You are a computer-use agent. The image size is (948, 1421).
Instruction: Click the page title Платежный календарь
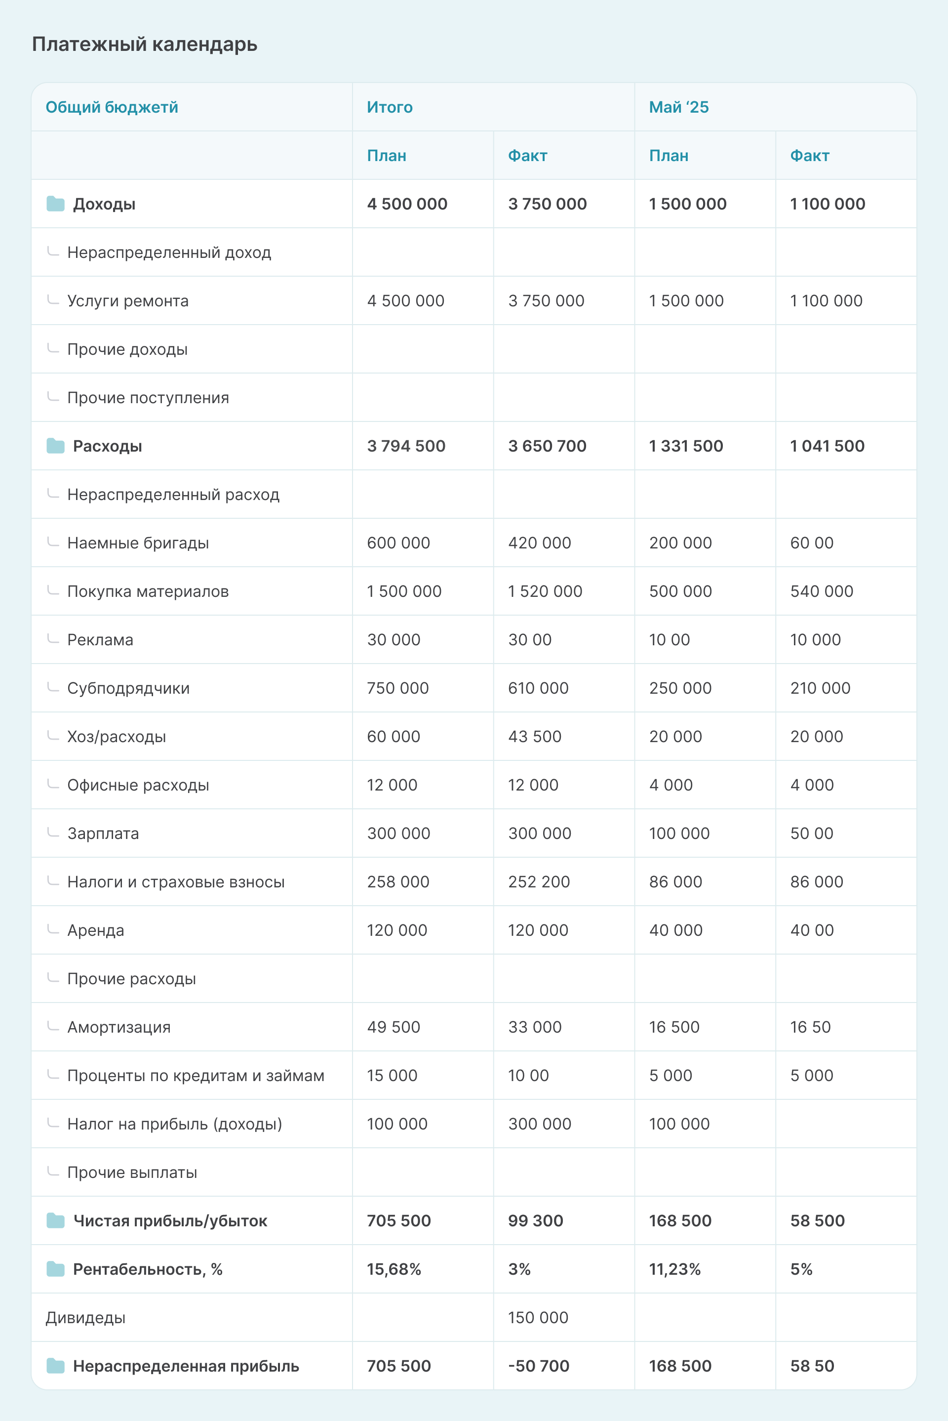(x=145, y=44)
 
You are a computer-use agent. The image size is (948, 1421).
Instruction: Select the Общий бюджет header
(x=112, y=107)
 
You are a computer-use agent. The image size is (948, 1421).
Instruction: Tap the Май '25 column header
(x=678, y=107)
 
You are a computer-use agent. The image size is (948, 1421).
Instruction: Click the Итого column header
(x=390, y=107)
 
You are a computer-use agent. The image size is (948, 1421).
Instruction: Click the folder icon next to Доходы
(x=56, y=204)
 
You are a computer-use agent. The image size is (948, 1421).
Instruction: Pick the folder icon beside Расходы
(x=56, y=446)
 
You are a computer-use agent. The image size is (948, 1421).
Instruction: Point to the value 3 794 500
(x=406, y=446)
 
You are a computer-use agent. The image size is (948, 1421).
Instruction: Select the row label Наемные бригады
(x=138, y=543)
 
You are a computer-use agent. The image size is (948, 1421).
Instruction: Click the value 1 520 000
(x=545, y=591)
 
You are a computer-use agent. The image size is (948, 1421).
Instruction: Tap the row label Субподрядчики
(x=128, y=688)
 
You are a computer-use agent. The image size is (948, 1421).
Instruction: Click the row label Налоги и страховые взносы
(x=175, y=881)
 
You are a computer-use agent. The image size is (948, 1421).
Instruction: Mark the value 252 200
(x=539, y=881)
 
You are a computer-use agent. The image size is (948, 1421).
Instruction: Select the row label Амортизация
(x=118, y=1027)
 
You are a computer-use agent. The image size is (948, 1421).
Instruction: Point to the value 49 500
(x=393, y=1027)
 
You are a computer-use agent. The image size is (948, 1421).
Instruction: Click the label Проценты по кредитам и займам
(x=196, y=1075)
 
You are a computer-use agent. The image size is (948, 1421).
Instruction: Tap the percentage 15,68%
(x=394, y=1268)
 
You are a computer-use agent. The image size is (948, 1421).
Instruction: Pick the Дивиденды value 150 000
(x=538, y=1317)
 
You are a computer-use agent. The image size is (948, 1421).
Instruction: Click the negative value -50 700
(x=538, y=1365)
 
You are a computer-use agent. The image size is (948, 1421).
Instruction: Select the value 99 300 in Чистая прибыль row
(x=535, y=1220)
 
